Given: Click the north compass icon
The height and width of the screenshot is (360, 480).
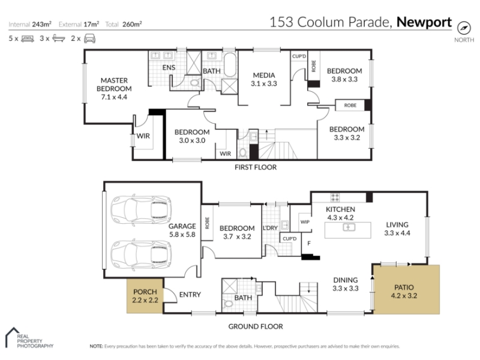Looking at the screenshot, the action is tap(464, 28).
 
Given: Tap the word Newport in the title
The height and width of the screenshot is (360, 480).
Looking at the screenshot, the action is tap(424, 22).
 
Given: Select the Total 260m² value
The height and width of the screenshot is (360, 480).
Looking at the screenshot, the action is tap(132, 24).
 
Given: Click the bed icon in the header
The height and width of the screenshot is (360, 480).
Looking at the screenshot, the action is tap(28, 38).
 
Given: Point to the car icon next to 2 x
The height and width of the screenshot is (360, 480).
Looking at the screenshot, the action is tap(89, 38).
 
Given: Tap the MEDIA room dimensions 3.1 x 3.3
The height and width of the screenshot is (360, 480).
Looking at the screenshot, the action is tap(264, 83).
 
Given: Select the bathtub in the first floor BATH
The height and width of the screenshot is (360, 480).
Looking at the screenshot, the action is tap(230, 65).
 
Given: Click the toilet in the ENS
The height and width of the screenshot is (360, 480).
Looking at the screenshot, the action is tap(194, 82).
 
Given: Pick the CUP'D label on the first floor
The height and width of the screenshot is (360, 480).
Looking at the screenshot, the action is tap(299, 56).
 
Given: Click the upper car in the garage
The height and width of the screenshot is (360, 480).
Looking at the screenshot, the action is tap(141, 210).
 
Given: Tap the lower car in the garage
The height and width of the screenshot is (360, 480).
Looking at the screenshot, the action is tap(141, 254).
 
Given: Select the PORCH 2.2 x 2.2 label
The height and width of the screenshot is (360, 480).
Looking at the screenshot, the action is tap(145, 296).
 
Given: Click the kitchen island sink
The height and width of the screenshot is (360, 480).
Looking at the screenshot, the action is tap(349, 227).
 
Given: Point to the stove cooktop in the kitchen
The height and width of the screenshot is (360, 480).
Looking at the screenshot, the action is tap(335, 197).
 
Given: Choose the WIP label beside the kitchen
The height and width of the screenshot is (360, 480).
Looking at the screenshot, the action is tap(305, 222).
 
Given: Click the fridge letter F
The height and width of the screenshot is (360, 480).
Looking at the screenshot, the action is tap(309, 244).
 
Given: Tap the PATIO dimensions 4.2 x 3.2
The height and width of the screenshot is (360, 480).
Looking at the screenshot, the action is tap(404, 296).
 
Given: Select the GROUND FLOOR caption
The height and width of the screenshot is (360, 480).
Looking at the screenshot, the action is tap(256, 326).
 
